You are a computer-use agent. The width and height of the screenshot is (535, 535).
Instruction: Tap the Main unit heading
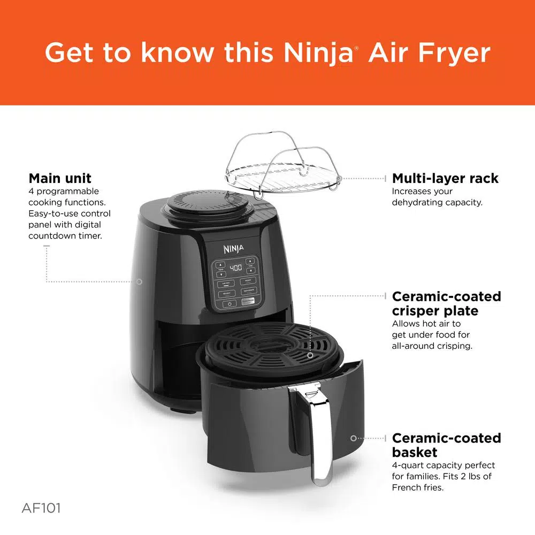click(x=60, y=178)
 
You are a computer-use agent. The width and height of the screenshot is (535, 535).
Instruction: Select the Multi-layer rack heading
click(x=445, y=178)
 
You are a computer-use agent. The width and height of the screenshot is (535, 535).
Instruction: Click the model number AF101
click(x=41, y=508)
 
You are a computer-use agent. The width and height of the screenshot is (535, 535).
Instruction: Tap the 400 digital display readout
click(x=235, y=267)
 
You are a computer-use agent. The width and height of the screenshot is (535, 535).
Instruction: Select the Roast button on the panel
click(x=247, y=280)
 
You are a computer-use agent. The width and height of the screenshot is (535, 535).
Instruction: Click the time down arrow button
click(x=250, y=271)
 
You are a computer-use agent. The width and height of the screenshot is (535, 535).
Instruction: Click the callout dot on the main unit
click(x=139, y=281)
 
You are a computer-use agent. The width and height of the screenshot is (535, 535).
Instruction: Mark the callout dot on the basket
click(x=353, y=438)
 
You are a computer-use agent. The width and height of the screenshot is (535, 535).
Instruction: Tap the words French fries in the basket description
click(x=418, y=487)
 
